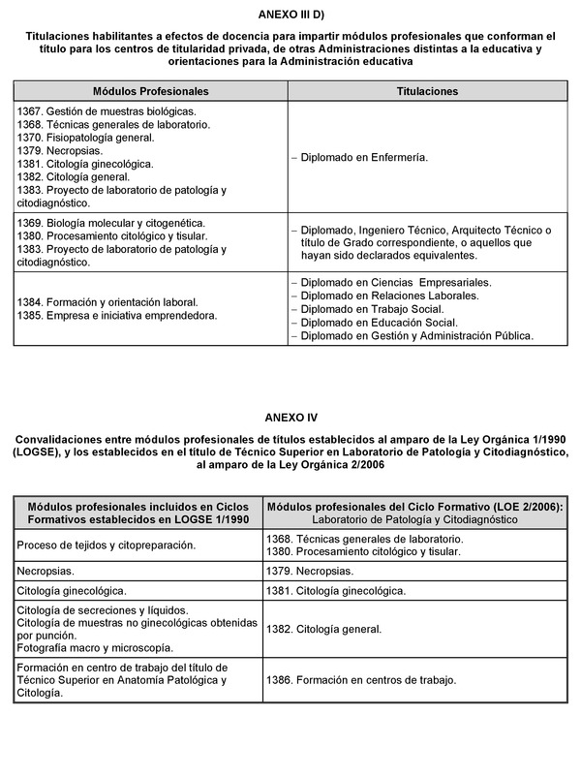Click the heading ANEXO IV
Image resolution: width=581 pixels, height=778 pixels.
[x=290, y=418]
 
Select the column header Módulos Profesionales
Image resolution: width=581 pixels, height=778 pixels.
[x=150, y=90]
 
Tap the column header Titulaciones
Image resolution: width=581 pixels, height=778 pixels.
[x=427, y=90]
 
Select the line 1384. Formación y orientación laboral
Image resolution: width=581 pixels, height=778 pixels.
[x=107, y=302]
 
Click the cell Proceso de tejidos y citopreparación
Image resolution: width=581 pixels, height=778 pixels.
[x=107, y=545]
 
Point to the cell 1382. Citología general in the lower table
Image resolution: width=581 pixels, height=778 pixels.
[x=324, y=629]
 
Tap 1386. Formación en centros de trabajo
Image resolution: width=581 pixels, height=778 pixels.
[x=361, y=680]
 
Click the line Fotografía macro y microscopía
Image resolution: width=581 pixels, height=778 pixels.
[x=95, y=647]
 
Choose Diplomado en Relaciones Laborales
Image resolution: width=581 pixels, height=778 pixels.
[x=389, y=296]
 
